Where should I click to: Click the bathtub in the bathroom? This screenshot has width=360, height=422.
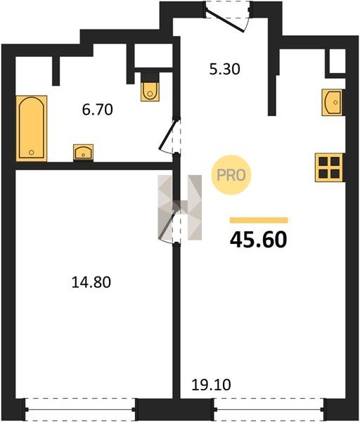[32, 129]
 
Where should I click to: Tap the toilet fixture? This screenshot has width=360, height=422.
[150, 88]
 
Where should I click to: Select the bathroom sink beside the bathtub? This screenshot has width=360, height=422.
[84, 153]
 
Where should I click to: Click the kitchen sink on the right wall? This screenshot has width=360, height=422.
[333, 103]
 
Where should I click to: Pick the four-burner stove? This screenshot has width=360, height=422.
[329, 167]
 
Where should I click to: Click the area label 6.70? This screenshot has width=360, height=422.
[98, 110]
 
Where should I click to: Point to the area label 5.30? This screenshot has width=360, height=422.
[225, 69]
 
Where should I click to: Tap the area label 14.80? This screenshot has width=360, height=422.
[91, 283]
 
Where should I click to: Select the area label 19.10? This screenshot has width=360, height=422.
[211, 385]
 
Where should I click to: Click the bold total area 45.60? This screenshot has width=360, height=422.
[259, 240]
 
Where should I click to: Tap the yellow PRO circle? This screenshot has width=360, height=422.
[231, 175]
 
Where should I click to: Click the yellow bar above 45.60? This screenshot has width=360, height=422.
[259, 220]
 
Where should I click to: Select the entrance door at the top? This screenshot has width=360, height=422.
[228, 17]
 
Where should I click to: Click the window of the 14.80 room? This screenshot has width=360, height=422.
[80, 409]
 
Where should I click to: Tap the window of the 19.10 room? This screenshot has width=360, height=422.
[269, 409]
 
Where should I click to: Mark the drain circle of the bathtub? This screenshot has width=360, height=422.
[32, 153]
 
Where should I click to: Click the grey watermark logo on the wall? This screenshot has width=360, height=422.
[180, 207]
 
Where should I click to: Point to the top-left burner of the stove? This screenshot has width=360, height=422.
[323, 162]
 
